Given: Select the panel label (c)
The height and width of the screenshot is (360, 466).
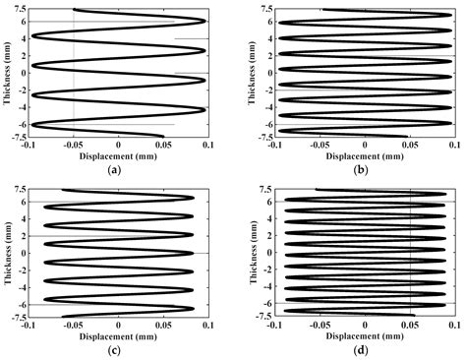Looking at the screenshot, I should [118, 348].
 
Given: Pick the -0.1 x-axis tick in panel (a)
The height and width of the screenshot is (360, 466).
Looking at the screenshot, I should [29, 145].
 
